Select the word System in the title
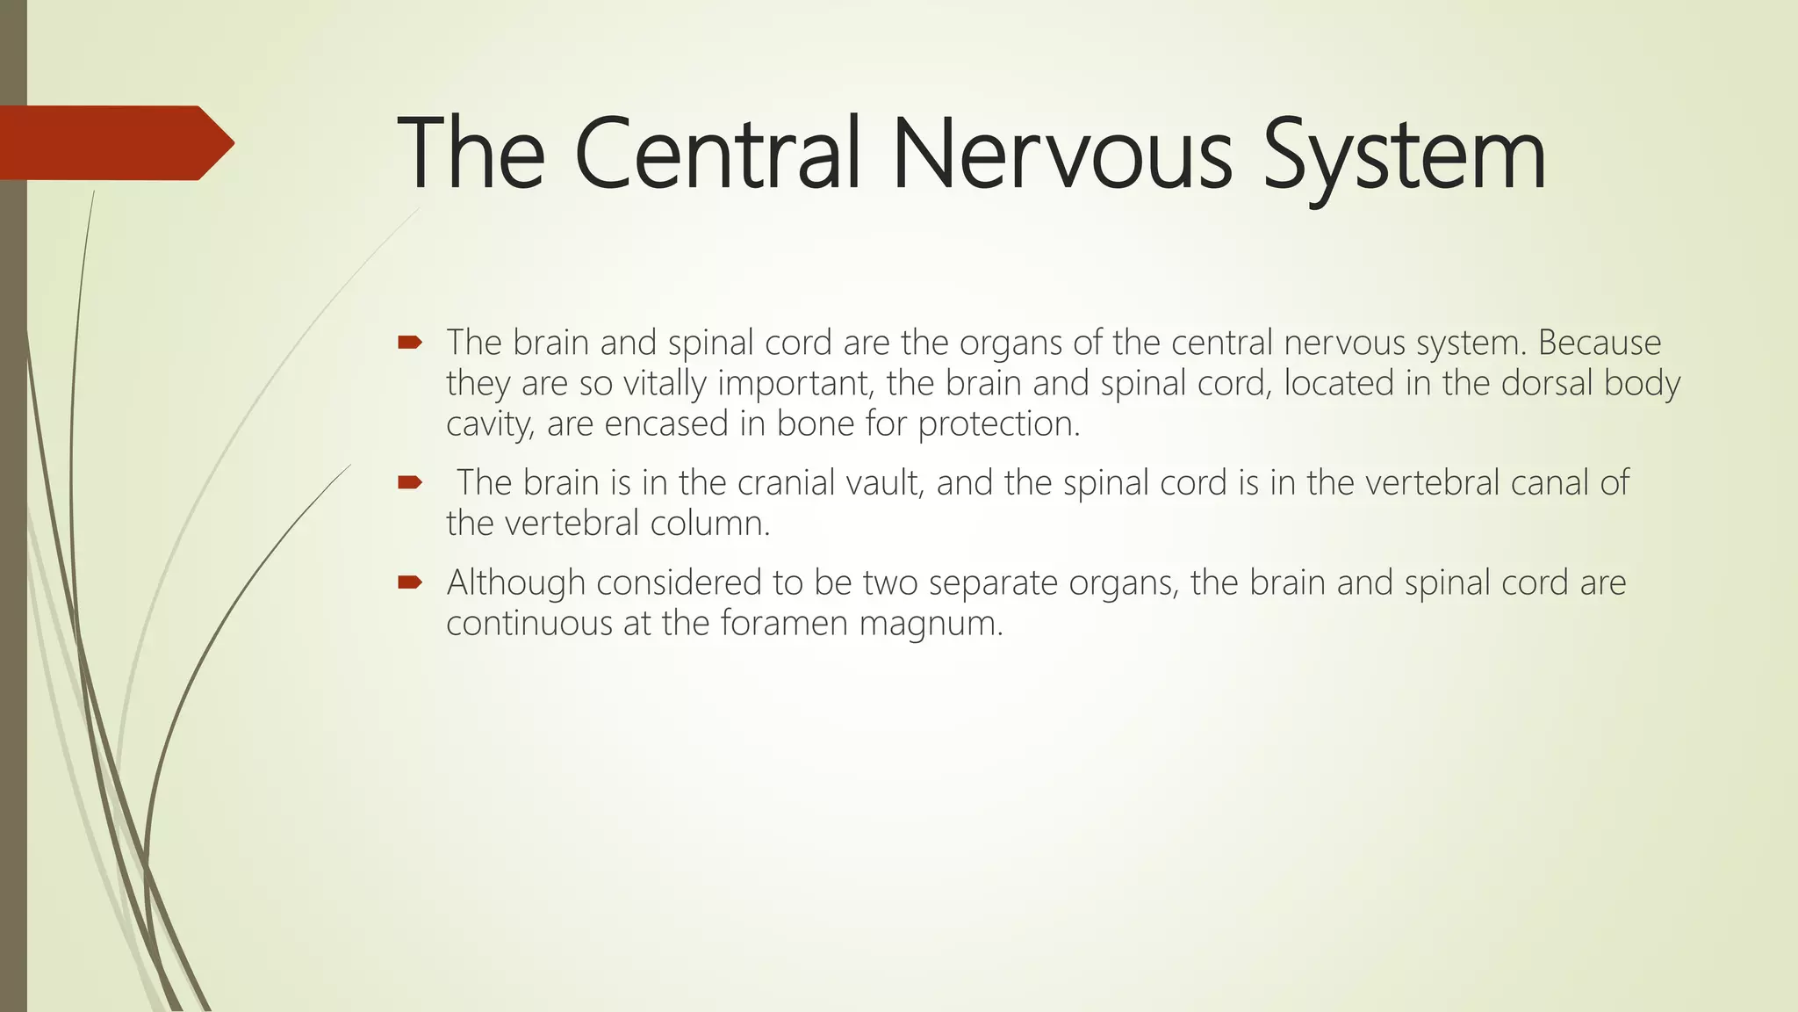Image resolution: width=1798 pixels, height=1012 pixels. (1404, 155)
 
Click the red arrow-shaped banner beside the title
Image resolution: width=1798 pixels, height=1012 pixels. (114, 142)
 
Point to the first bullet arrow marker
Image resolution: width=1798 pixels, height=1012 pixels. (410, 343)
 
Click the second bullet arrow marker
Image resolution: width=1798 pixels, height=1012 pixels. (410, 482)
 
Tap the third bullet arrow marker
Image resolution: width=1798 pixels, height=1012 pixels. (410, 582)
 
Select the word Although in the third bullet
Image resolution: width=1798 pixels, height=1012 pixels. (516, 582)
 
